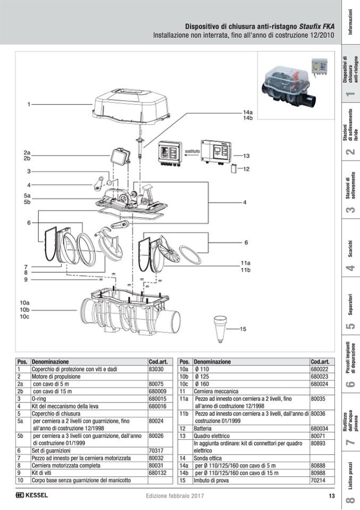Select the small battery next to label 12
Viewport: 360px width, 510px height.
pyautogui.click(x=233, y=170)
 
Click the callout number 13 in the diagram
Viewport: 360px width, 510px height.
pyautogui.click(x=246, y=156)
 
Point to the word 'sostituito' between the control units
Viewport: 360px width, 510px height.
pyautogui.click(x=192, y=152)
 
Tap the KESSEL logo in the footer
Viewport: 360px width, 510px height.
pyautogui.click(x=32, y=496)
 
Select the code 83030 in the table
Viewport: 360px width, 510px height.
pyautogui.click(x=156, y=369)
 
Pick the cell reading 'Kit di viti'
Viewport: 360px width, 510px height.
pyautogui.click(x=43, y=472)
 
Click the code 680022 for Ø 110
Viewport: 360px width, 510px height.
pyautogui.click(x=319, y=369)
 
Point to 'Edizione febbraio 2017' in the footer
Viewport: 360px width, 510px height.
pyautogui.click(x=175, y=496)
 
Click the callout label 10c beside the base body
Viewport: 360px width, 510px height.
pyautogui.click(x=24, y=317)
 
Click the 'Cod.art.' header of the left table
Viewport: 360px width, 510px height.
pyautogui.click(x=158, y=362)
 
